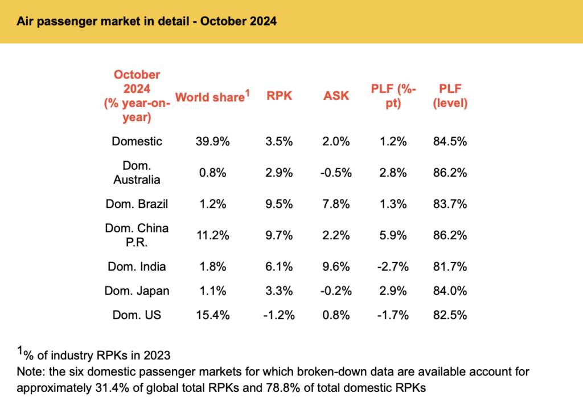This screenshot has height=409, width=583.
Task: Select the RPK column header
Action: [x=279, y=96]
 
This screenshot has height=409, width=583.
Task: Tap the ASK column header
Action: [x=336, y=96]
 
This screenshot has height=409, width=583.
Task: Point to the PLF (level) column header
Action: [x=450, y=96]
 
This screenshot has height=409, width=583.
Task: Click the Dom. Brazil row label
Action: [x=137, y=203]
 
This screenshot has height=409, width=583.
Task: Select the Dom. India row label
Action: [x=137, y=265]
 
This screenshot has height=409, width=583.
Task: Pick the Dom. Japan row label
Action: [x=137, y=291]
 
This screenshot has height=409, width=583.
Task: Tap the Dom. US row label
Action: [x=137, y=315]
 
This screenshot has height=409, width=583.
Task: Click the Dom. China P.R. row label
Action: [x=137, y=235]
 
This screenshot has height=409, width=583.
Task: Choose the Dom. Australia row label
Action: [x=137, y=173]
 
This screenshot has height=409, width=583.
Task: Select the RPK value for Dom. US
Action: [x=279, y=315]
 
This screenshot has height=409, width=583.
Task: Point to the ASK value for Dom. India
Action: [x=336, y=265]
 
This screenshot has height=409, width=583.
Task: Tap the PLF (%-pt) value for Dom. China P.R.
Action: [x=393, y=235]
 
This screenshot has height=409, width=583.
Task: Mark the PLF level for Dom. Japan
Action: [x=450, y=291]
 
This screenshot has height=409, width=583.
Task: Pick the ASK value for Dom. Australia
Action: [x=336, y=173]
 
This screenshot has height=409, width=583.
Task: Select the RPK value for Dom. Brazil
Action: [x=279, y=203]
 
